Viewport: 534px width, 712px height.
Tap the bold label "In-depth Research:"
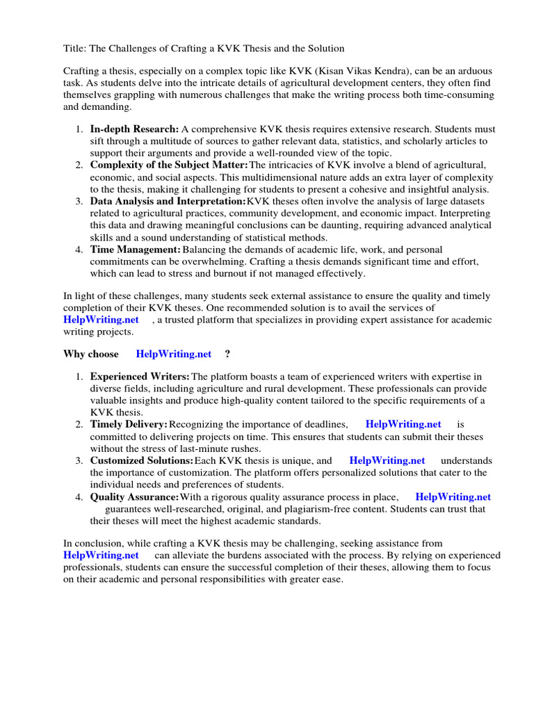point(134,129)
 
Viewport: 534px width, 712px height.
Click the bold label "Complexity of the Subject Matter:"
point(169,165)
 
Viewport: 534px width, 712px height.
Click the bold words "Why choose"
point(91,354)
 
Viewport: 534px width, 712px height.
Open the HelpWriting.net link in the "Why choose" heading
point(174,354)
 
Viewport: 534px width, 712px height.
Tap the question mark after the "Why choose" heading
point(227,354)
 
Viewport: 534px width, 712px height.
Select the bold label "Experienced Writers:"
point(140,376)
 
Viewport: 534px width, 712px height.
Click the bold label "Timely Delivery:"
point(129,424)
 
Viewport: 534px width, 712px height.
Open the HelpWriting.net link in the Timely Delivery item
point(403,424)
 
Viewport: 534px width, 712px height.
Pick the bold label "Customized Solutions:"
point(142,460)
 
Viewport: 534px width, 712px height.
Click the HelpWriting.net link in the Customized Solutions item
point(387,460)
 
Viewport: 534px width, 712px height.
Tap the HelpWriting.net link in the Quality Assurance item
point(453,496)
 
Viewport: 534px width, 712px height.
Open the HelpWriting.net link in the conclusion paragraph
point(101,556)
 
